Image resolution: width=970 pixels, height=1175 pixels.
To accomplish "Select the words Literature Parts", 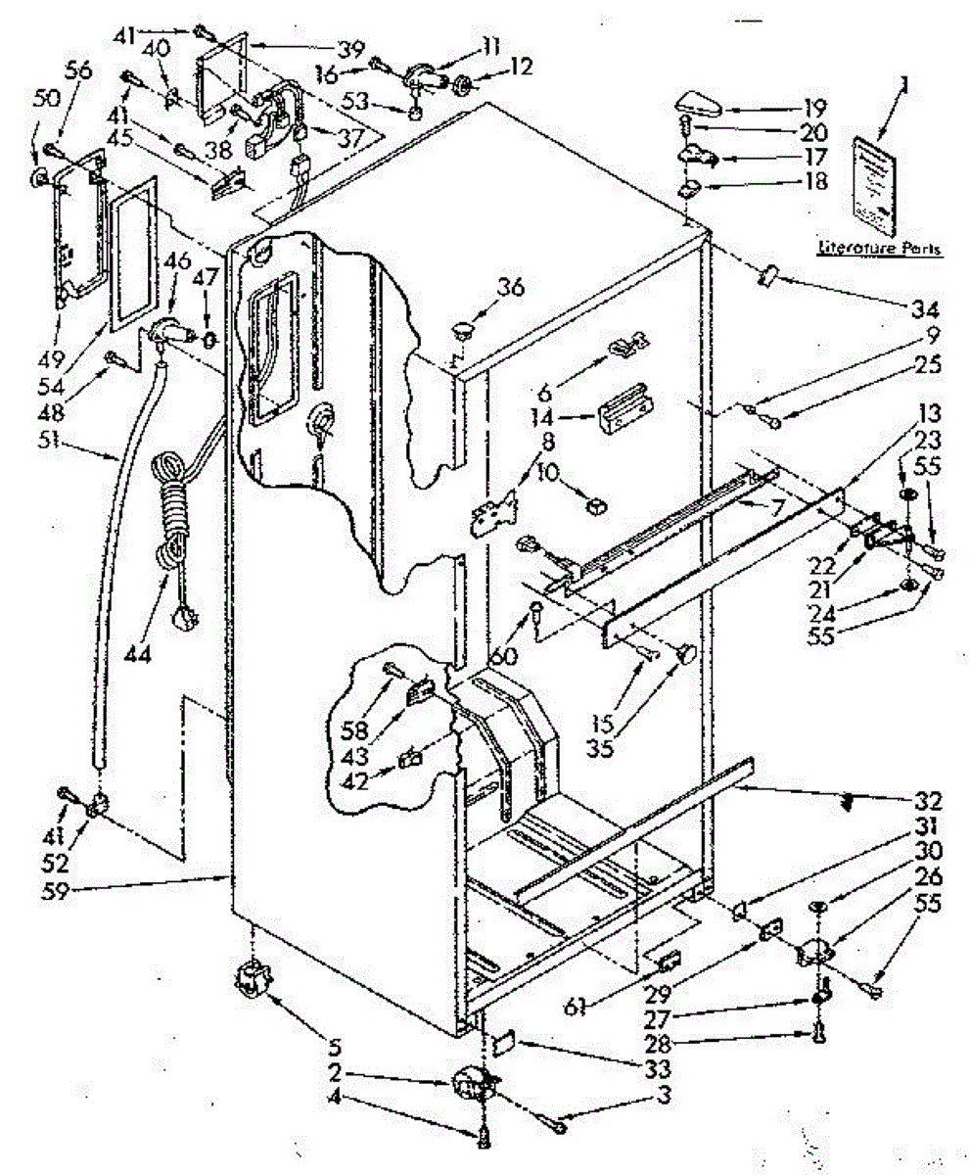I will click(x=879, y=249).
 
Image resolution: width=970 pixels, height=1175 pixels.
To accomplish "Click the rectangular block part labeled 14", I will click(x=624, y=404).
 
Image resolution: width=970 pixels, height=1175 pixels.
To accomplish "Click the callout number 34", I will click(x=922, y=311).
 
